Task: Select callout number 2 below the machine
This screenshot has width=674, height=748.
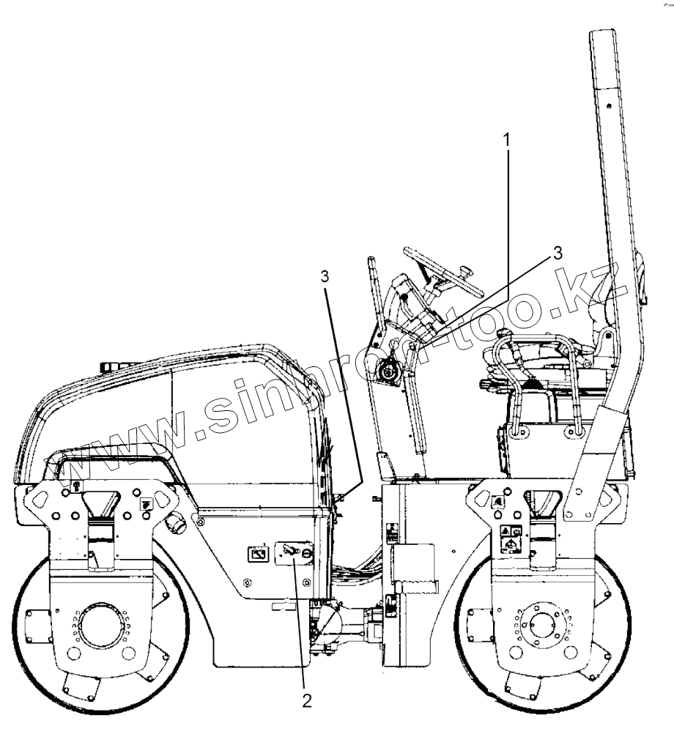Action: (x=307, y=700)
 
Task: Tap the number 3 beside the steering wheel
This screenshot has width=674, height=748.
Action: (x=558, y=253)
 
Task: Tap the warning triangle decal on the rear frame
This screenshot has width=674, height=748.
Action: (x=505, y=530)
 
